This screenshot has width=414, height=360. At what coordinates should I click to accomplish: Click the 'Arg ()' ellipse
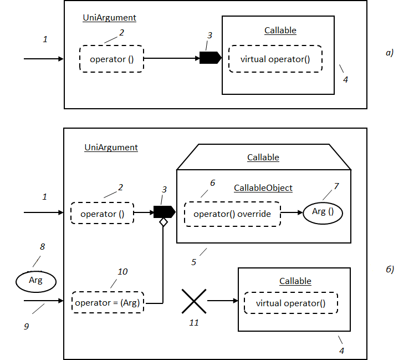point(323,212)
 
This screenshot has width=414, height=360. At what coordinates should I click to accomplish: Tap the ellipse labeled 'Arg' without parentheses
point(35,281)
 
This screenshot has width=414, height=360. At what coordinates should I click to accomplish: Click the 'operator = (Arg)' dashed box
point(108,303)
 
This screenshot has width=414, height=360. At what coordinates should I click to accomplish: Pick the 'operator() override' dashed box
point(232,214)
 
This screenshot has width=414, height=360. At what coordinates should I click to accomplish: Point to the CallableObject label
point(263,188)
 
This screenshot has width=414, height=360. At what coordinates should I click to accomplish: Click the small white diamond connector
point(163,222)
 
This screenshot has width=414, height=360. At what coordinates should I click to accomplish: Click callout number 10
point(122,272)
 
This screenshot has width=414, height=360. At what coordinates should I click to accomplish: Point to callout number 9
point(25,327)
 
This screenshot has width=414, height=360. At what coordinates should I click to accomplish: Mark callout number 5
point(193,262)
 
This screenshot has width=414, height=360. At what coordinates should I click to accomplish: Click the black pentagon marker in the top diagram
point(210,57)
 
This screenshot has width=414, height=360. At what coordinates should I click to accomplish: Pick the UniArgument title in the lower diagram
point(111,148)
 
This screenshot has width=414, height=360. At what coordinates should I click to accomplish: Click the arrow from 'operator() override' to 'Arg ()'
point(292,212)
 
